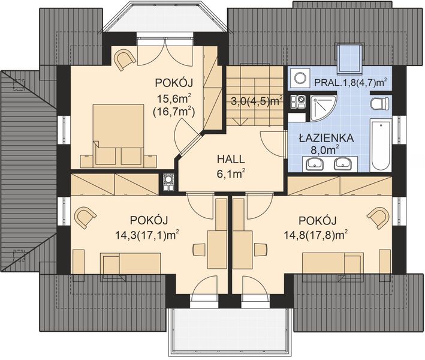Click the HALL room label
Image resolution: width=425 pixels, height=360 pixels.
point(231,160)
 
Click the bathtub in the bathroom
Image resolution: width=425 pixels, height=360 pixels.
point(381,146)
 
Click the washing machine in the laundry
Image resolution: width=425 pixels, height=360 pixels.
point(297,78)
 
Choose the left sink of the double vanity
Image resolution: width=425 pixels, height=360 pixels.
point(312,162)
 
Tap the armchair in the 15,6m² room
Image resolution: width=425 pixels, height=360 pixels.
point(126,59)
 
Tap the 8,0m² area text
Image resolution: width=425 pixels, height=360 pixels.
point(325,148)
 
